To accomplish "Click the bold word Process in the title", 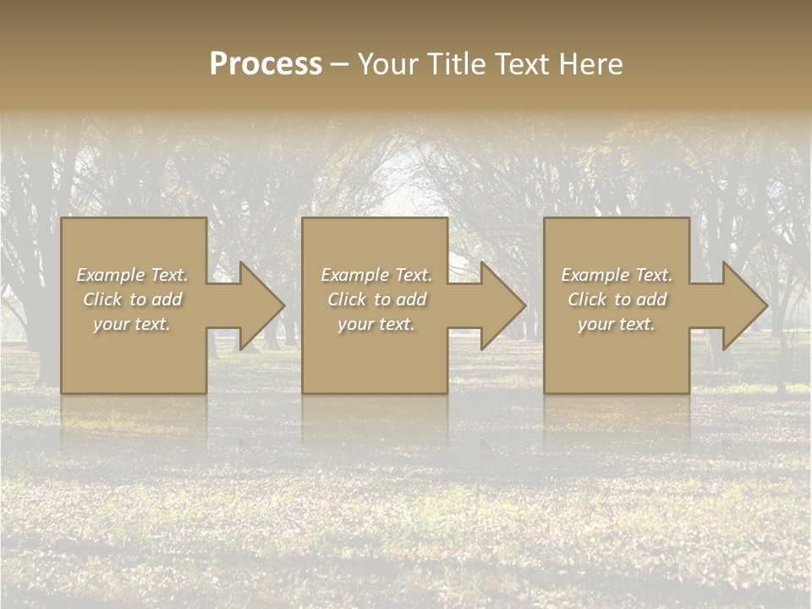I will [x=266, y=64].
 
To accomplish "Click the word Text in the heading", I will [x=522, y=64].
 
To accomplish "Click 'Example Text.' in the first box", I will [x=133, y=275].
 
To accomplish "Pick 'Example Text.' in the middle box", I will [x=376, y=275].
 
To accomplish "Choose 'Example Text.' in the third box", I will [x=617, y=275].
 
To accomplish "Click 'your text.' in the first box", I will [x=132, y=324].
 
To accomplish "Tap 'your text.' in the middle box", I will [x=376, y=324].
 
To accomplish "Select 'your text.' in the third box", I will [x=617, y=324].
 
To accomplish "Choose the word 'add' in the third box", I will [x=651, y=299].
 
